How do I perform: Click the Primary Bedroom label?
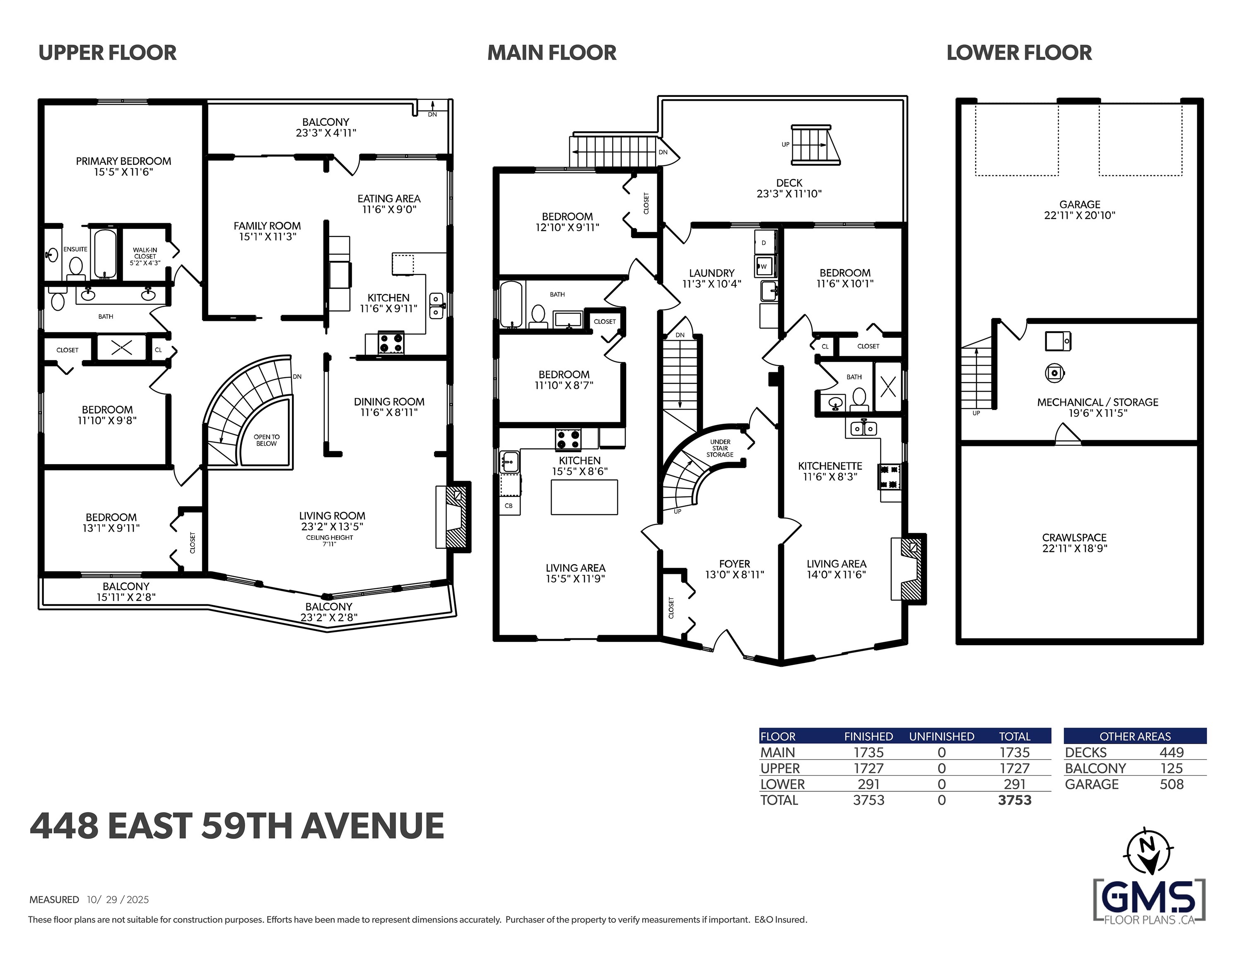coord(123,161)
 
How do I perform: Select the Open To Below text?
coord(266,440)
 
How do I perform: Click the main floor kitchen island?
coord(584,497)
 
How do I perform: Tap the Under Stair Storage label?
coord(720,448)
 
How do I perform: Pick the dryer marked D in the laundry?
coord(763,242)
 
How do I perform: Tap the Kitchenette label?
coord(830,466)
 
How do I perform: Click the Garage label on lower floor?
coord(1080,204)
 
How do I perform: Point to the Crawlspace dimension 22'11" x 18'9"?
coord(1074,548)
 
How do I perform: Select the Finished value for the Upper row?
coord(868,768)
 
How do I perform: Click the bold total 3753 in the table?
coord(1015,800)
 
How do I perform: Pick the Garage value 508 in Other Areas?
coord(1171,784)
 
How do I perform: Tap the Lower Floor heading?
coord(1018,53)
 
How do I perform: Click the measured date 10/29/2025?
coord(118,899)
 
